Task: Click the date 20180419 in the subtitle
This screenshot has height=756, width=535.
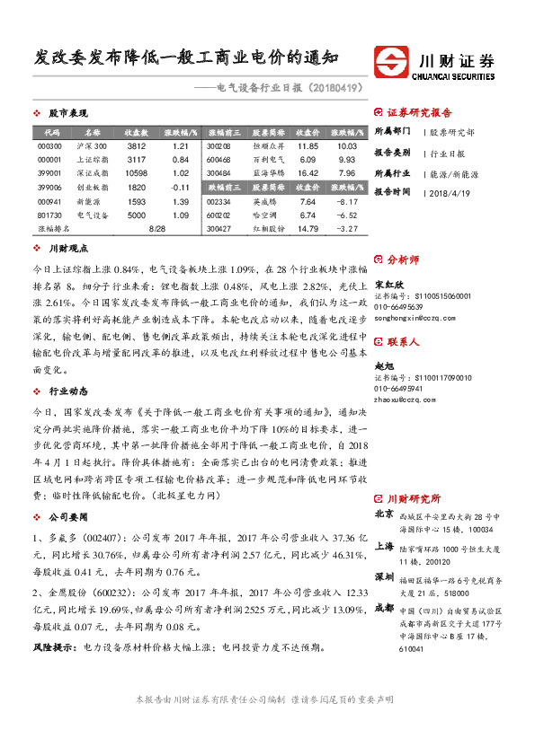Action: [337, 88]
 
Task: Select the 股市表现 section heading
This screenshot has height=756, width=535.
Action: [67, 114]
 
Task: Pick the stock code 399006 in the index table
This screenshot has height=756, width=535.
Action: [50, 187]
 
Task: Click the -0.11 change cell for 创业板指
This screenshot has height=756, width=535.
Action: [179, 187]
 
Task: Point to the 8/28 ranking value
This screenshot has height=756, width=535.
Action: [156, 229]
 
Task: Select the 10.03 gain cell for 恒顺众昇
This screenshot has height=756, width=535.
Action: [347, 145]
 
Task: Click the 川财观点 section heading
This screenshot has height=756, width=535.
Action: [67, 247]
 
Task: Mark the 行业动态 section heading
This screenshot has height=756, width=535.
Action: [67, 391]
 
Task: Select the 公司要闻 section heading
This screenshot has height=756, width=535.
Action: [67, 518]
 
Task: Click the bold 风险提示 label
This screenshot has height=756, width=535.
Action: [53, 646]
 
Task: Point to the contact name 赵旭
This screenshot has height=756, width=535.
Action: [384, 366]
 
